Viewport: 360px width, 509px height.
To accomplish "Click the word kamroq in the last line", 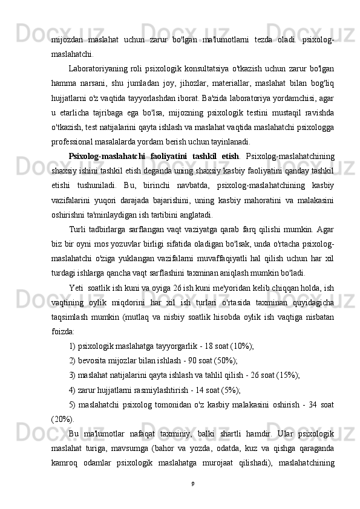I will (65, 462).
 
